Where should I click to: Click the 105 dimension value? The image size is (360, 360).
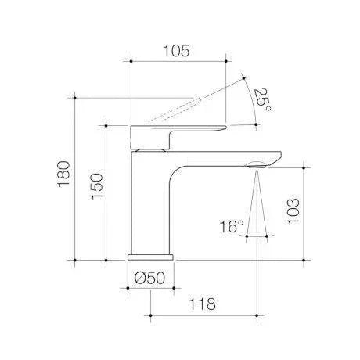pos(176,51)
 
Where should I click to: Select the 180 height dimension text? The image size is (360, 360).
pos(64,174)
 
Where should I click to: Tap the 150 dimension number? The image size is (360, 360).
pos(97,186)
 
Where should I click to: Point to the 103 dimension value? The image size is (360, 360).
pos(293,211)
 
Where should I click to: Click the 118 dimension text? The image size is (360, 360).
pos(203,304)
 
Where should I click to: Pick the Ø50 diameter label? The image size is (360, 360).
pos(149,278)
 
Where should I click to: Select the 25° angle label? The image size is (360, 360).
pos(263,99)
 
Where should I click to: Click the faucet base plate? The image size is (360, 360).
pos(150,257)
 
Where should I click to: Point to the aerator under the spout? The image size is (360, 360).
pos(257,165)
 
